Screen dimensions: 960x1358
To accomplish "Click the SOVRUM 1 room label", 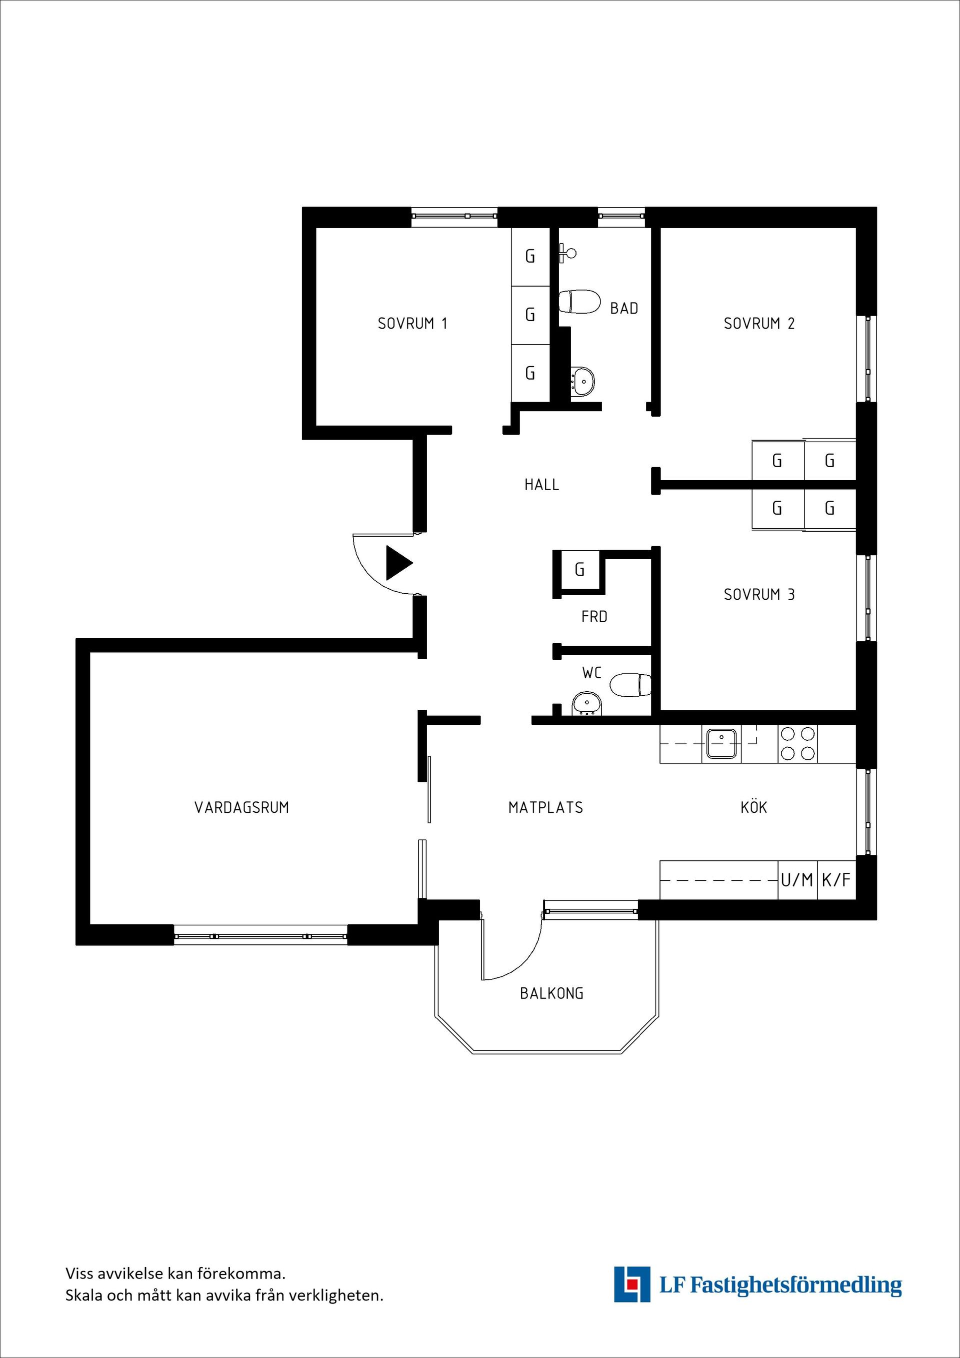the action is click(x=412, y=324).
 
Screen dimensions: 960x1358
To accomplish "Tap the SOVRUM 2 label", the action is click(x=759, y=324).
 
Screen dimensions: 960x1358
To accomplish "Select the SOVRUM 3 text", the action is click(x=759, y=594).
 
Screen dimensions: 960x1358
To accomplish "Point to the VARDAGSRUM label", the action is click(x=242, y=807).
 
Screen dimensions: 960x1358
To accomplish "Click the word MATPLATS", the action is click(x=545, y=807).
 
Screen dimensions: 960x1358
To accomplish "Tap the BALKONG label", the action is click(x=551, y=993).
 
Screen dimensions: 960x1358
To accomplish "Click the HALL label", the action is click(x=541, y=484).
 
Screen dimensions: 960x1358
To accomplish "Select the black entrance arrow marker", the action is click(x=399, y=563).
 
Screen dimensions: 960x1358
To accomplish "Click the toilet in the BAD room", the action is click(x=578, y=302).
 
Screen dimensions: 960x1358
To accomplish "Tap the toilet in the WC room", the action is click(x=630, y=685).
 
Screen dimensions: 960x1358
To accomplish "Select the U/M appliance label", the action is click(x=797, y=880).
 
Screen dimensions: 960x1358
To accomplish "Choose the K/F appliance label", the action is click(x=836, y=880).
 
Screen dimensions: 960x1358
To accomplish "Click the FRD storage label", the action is click(x=594, y=616).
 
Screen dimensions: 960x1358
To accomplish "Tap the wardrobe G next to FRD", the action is click(x=579, y=570).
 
